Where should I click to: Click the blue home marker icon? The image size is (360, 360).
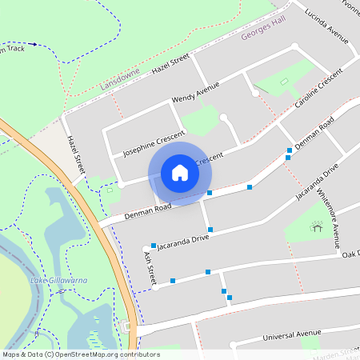click(179, 172)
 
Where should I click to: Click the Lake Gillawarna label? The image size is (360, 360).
click(58, 281)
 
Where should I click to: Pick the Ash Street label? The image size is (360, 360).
click(148, 266)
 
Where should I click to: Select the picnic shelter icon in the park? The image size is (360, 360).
click(317, 227)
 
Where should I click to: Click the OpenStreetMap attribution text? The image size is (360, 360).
click(81, 354)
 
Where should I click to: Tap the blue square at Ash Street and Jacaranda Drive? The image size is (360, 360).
click(154, 246)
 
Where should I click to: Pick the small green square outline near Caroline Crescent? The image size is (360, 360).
click(284, 82)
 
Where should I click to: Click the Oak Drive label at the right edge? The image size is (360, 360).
click(351, 254)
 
